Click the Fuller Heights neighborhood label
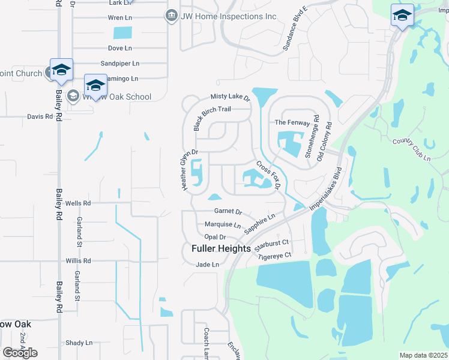[221, 248]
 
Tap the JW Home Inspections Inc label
[229, 16]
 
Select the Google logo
[20, 353]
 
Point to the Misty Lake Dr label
[230, 97]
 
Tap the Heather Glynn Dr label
[185, 170]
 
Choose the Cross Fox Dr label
[269, 175]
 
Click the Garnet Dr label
[228, 212]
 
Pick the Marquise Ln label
[222, 225]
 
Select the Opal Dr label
[214, 237]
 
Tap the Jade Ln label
[208, 265]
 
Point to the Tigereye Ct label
[274, 256]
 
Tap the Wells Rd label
[77, 203]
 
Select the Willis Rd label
[78, 261]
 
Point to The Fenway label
[292, 122]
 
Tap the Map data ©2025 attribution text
[423, 355]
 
